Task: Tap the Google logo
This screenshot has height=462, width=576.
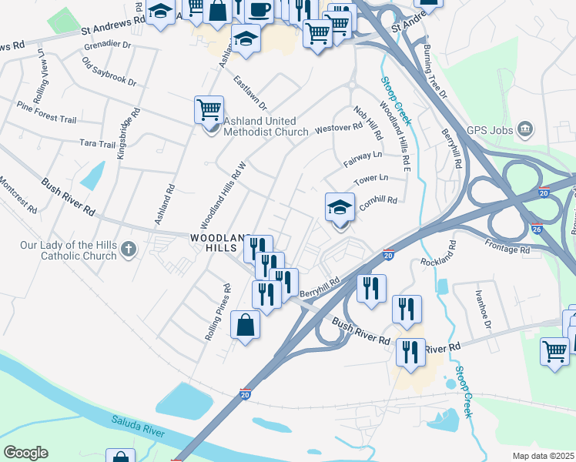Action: tap(25, 453)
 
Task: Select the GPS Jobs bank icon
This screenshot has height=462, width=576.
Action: tap(524, 127)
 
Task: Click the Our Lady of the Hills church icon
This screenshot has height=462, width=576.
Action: tap(128, 249)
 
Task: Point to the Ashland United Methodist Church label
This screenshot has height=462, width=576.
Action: tap(265, 126)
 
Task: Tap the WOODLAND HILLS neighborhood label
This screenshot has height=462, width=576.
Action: tap(221, 245)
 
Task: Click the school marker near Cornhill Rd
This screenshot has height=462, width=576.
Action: tap(340, 208)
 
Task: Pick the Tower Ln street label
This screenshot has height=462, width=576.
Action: tap(370, 179)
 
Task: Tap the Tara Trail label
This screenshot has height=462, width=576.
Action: tap(98, 144)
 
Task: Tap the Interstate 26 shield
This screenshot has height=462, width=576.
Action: tap(537, 229)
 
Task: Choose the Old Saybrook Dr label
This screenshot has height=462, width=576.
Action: tap(109, 72)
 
